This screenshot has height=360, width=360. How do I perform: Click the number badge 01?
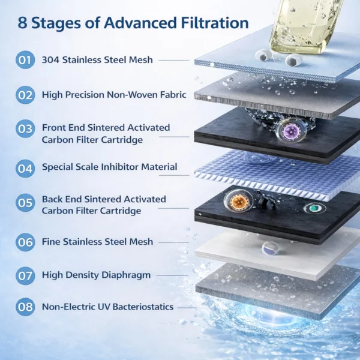(x=25, y=60)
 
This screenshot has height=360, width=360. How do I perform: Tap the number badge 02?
(x=25, y=95)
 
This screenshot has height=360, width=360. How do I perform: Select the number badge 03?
(x=25, y=128)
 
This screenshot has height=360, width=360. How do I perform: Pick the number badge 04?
(x=25, y=169)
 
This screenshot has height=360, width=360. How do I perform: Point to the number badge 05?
(x=25, y=203)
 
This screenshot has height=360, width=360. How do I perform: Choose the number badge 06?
(x=25, y=242)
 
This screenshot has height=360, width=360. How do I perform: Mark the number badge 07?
(x=25, y=276)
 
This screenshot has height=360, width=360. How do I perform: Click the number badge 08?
(x=25, y=307)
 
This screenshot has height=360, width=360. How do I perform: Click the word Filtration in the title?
(x=215, y=23)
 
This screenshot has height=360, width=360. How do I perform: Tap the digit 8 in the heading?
(x=22, y=23)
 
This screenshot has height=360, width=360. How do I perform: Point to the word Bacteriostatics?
(x=143, y=307)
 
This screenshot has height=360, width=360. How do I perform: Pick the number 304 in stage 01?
(x=50, y=60)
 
